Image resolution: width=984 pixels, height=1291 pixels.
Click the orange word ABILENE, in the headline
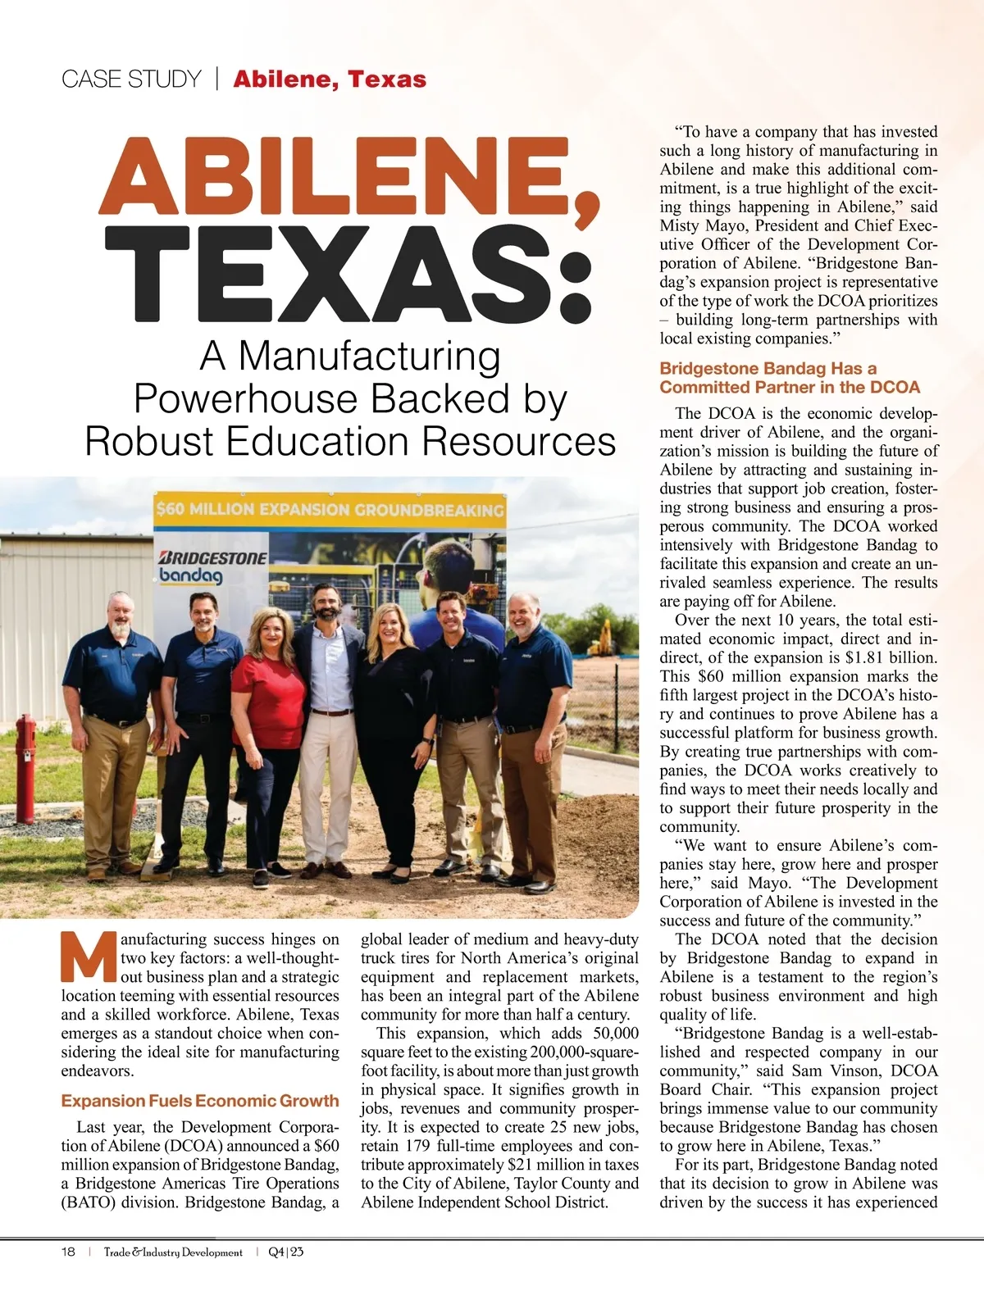(x=348, y=177)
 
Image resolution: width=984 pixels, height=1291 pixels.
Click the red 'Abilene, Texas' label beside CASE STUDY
(x=330, y=80)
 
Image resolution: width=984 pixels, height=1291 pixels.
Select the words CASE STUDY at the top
(x=131, y=80)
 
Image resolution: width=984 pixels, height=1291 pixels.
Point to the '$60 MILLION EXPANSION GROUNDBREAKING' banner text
(x=330, y=509)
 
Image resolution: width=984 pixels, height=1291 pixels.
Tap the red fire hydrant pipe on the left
(x=25, y=766)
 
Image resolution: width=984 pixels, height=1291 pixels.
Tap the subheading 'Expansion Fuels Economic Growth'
(x=199, y=1101)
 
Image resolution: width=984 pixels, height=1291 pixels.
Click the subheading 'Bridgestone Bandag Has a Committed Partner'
(x=790, y=378)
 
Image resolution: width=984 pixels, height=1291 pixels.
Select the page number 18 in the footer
(x=68, y=1252)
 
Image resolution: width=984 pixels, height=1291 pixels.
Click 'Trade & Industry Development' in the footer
(x=173, y=1252)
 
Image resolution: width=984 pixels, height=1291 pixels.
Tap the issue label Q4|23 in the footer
(x=286, y=1252)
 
